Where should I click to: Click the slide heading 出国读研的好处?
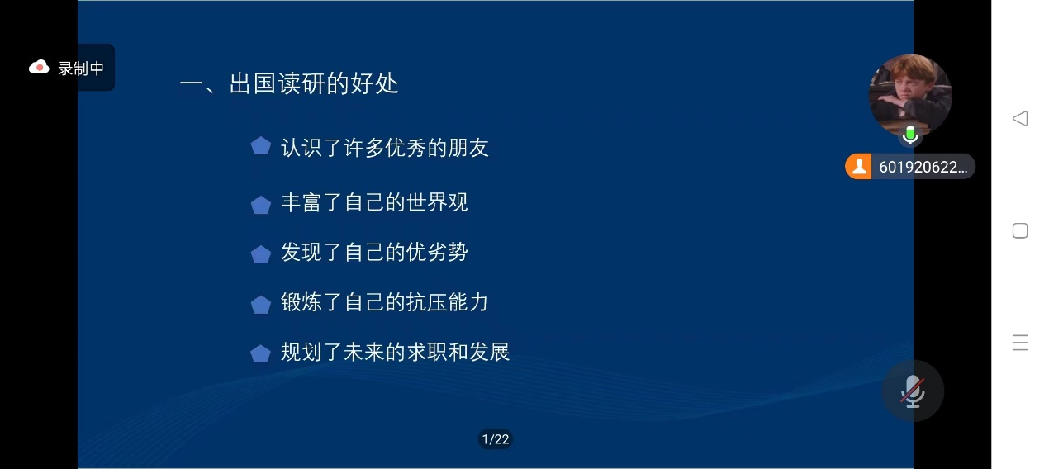coord(314,83)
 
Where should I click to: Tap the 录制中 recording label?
coord(81,69)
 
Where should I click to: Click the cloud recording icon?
coord(39,68)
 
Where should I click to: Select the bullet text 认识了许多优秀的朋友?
coord(385,148)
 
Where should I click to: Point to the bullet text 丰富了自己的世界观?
coord(374,202)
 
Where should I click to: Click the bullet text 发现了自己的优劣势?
coord(374,252)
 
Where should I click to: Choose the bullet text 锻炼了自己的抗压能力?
coord(384,302)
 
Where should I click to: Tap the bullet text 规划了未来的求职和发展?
coord(396,352)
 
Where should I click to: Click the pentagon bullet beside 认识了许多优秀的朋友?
coord(261,145)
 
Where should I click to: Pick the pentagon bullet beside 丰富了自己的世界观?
coord(261,205)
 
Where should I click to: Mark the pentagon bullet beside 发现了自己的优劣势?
coord(261,254)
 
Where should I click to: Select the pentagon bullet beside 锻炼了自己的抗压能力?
coord(261,304)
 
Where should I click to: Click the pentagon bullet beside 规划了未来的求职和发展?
coord(261,354)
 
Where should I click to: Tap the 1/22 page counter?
coord(496,439)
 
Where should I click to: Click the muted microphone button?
coord(913,391)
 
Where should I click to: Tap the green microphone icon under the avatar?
coord(910,135)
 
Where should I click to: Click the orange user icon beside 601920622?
coord(859,167)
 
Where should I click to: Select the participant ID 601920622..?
coord(923,167)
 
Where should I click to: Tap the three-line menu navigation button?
coord(1020,343)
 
